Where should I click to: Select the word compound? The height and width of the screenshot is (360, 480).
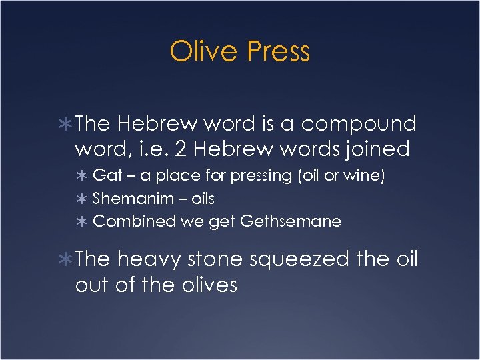(359, 124)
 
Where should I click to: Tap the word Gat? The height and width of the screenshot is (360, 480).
(105, 176)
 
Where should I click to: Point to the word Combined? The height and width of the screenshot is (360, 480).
(135, 221)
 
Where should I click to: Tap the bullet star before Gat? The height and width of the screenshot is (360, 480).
(82, 177)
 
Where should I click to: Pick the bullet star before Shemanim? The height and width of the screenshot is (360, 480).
(82, 199)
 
